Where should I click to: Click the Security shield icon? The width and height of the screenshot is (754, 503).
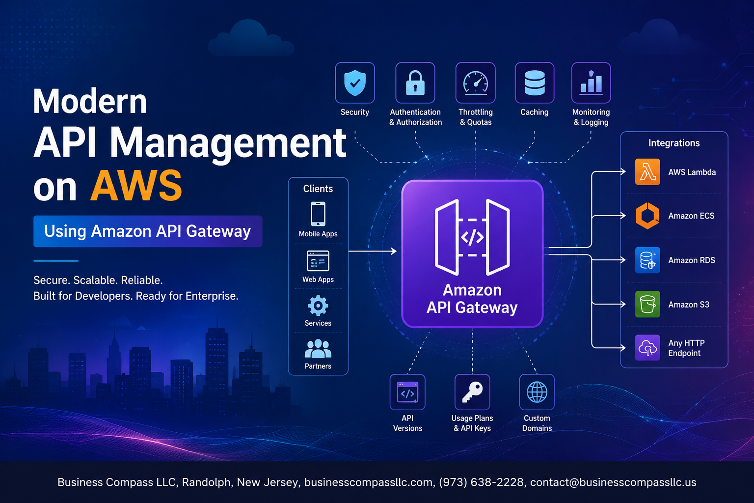(x=355, y=83)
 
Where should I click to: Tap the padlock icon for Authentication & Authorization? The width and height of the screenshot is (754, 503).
(x=415, y=83)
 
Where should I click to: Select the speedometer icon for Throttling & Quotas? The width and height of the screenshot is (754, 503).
(x=475, y=83)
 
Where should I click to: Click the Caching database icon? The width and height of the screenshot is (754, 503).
(x=535, y=83)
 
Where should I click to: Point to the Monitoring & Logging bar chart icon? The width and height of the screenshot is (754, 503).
(x=591, y=83)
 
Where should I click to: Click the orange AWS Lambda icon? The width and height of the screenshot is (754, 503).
(x=647, y=172)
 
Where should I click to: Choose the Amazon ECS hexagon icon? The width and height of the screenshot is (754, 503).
(x=647, y=216)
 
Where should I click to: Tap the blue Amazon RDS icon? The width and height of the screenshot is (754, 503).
(x=647, y=260)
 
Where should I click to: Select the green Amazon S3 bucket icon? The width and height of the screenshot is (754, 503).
(x=647, y=304)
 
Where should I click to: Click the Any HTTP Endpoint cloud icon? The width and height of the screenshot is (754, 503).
(x=647, y=348)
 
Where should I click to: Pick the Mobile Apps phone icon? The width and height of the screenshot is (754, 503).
(x=318, y=214)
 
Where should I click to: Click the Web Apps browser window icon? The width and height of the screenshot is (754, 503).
(x=318, y=261)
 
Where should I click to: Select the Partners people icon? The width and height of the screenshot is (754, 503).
(x=318, y=349)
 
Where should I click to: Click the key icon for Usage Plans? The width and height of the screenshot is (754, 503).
(x=472, y=392)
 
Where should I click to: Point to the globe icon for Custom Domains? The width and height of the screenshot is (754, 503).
(x=537, y=392)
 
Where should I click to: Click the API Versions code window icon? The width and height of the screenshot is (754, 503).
(x=407, y=392)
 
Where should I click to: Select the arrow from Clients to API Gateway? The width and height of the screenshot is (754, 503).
(x=373, y=251)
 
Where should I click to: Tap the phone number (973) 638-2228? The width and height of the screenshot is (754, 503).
(x=482, y=482)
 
